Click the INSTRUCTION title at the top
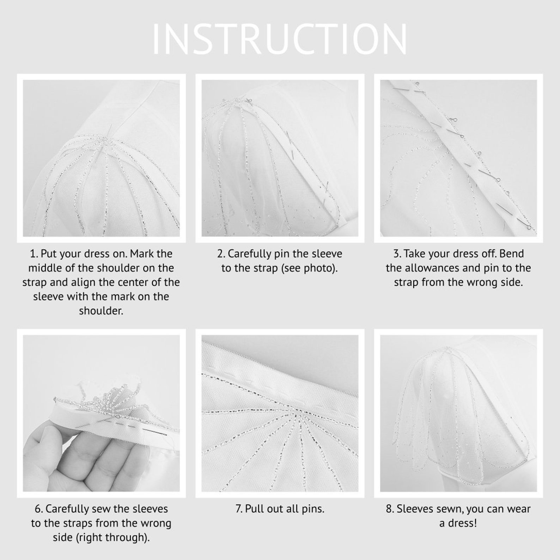click(x=280, y=39)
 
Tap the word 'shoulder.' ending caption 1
click(x=101, y=311)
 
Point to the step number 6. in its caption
click(x=38, y=509)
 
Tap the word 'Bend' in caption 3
click(x=512, y=254)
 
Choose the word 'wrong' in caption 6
click(x=155, y=523)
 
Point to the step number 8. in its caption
click(x=389, y=509)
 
